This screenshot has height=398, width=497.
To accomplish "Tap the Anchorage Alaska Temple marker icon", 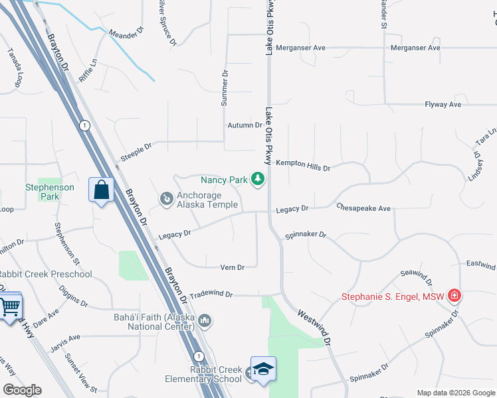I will coord(167,198).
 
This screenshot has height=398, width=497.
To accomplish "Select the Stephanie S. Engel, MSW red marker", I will coord(454,295).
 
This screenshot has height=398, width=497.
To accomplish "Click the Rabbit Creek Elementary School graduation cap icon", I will coord(263,369).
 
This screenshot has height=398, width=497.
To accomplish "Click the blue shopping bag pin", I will coord(101,190).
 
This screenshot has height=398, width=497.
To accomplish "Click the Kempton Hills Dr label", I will coord(303,165).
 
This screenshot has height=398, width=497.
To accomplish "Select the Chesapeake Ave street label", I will coord(363,208).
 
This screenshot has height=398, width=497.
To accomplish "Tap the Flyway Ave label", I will coord(443,105).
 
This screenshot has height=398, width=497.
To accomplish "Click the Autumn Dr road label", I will coord(245,125).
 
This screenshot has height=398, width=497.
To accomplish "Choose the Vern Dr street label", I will coord(233,267).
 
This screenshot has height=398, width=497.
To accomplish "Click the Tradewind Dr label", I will coord(211,294).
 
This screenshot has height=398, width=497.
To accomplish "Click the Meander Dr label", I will coord(126,31).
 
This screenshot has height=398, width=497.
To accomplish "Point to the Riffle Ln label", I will coord(88,70).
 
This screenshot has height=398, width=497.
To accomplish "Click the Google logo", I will coord(22,390).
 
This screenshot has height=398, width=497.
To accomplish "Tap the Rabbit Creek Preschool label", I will coord(45,275).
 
